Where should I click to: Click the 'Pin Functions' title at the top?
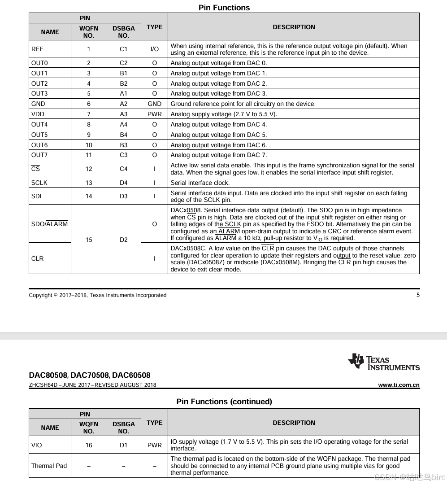click(x=224, y=8)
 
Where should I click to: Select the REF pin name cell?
click(x=38, y=49)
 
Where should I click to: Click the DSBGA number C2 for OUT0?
click(x=124, y=63)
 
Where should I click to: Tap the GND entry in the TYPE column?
click(x=154, y=104)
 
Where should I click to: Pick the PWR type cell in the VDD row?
click(x=154, y=114)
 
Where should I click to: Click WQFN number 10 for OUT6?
click(x=89, y=145)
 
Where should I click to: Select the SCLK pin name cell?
click(x=39, y=183)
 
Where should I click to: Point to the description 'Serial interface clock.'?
click(x=200, y=183)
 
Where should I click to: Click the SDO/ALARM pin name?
click(x=49, y=224)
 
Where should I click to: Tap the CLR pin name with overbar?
click(x=38, y=258)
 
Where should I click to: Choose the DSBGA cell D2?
click(x=124, y=240)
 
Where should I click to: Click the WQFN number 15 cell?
click(x=89, y=240)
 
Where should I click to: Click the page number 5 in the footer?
click(x=418, y=295)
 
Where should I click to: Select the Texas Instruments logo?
click(x=384, y=362)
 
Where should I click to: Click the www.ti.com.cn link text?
click(x=399, y=385)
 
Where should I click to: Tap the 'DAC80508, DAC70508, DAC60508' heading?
click(x=90, y=375)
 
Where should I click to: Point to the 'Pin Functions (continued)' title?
click(x=224, y=402)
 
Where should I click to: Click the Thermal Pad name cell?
click(x=49, y=466)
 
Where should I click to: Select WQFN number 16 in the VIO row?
click(x=89, y=445)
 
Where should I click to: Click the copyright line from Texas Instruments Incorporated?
click(x=97, y=295)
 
